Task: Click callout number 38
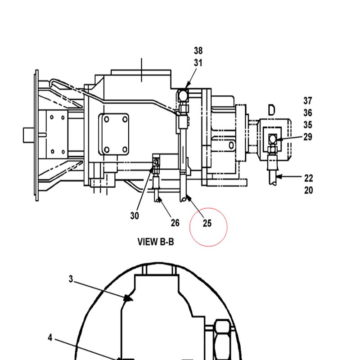[198, 50]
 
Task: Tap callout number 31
[198, 63]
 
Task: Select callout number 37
[308, 100]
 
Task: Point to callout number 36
[308, 113]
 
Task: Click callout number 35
[308, 125]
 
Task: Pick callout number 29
[308, 137]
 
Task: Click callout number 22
[309, 178]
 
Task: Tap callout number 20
[309, 190]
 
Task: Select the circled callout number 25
[207, 223]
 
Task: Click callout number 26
[175, 223]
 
